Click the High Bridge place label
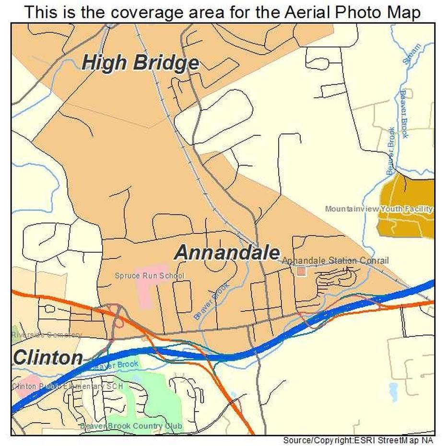[x=140, y=63]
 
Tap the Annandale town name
[x=227, y=252]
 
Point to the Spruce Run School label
[x=149, y=276]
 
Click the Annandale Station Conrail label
[x=335, y=260]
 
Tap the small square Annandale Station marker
[x=301, y=271]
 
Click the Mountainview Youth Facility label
[x=379, y=209]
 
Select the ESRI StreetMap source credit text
[x=359, y=440]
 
